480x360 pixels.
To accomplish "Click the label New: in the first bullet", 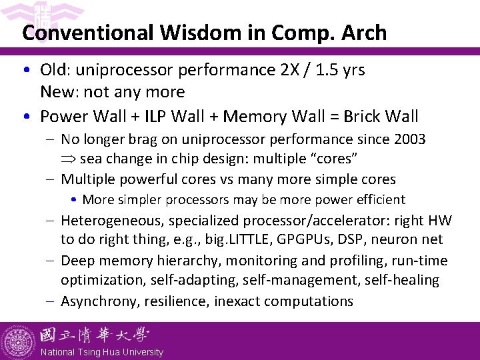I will [x=58, y=91].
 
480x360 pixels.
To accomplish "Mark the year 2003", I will [x=408, y=139].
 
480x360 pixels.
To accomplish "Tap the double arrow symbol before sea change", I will [x=69, y=159].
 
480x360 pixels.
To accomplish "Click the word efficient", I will [x=381, y=199].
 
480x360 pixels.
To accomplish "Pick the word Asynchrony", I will [x=99, y=301].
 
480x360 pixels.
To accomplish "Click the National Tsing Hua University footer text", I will [x=101, y=352].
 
